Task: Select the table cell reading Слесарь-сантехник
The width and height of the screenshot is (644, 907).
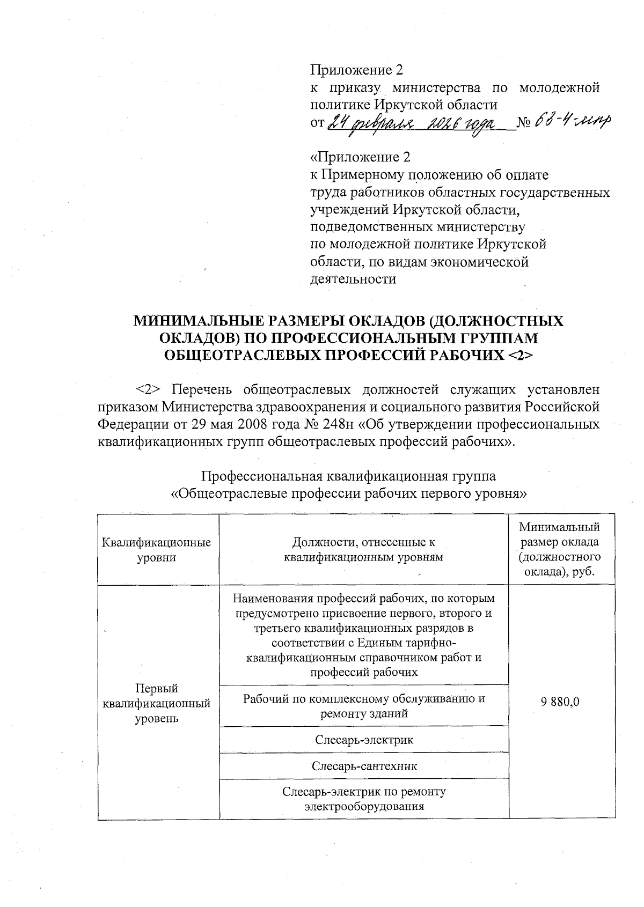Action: [364, 766]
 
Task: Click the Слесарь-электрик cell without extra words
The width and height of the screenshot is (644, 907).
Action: [364, 740]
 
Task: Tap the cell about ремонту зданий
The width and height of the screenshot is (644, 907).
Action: [364, 706]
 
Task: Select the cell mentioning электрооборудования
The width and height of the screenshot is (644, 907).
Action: [364, 799]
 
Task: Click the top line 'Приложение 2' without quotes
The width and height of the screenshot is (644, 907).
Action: [356, 70]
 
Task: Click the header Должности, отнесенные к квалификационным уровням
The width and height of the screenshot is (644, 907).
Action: [364, 550]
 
